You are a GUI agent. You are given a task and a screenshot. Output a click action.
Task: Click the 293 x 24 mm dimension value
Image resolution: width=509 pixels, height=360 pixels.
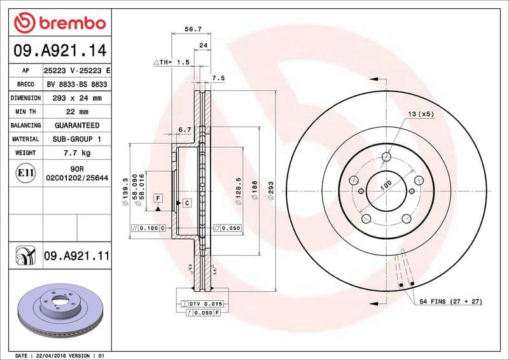click(x=77, y=98)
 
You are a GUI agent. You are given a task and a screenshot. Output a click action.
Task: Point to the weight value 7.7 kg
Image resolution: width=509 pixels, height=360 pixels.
click(x=77, y=153)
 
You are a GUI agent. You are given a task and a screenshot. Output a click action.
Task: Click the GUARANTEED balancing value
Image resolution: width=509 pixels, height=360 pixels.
click(x=77, y=125)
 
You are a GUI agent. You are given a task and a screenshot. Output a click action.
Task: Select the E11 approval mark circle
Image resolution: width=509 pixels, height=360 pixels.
click(x=25, y=173)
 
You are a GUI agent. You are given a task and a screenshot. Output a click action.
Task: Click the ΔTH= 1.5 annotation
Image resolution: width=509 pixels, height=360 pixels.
click(x=172, y=62)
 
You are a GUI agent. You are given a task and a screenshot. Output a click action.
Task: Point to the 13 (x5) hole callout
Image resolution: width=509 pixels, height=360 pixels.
click(x=420, y=114)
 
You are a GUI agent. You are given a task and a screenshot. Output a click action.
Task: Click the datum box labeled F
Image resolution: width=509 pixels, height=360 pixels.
click(x=157, y=199)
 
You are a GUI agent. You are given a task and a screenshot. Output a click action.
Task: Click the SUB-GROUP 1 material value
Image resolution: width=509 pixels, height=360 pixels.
click(x=77, y=139)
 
